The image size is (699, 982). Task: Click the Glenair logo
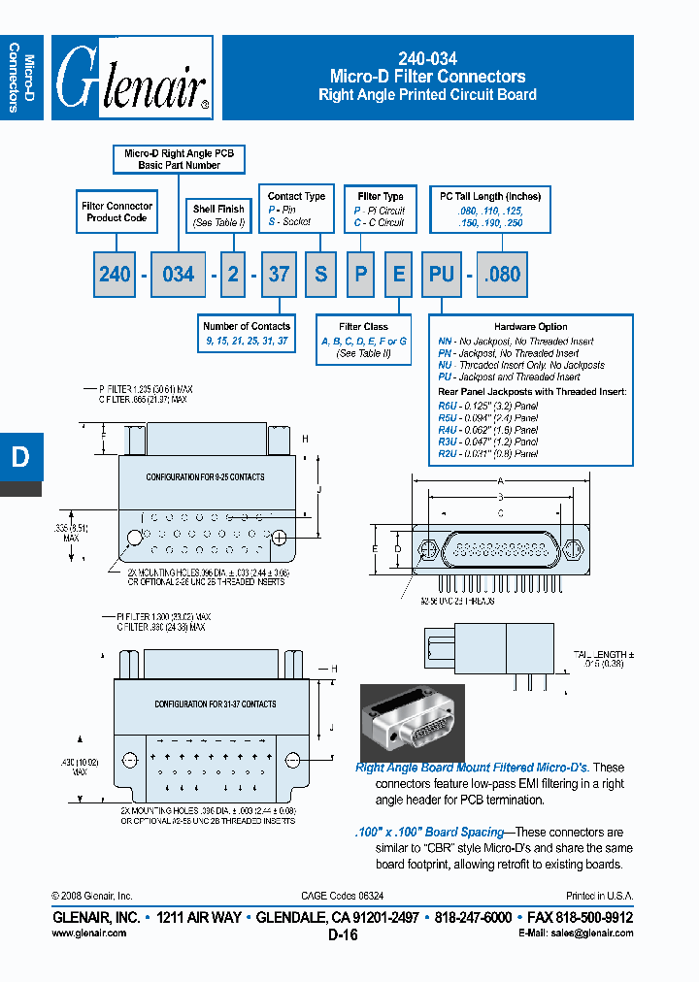[132, 79]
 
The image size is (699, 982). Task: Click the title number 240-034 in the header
[427, 58]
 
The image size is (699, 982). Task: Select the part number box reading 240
[115, 275]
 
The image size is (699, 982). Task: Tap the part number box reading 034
[178, 275]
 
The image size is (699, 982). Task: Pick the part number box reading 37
[279, 275]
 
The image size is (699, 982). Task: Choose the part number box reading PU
[442, 275]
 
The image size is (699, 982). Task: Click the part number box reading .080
[502, 275]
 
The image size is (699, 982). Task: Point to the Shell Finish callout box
[218, 215]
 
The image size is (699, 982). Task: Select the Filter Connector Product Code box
[116, 212]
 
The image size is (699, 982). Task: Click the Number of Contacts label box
[247, 334]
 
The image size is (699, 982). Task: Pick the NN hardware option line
[516, 342]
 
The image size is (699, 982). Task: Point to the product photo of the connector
[412, 723]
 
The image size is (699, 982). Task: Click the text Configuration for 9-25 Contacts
[205, 477]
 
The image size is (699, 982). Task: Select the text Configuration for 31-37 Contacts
[215, 704]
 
